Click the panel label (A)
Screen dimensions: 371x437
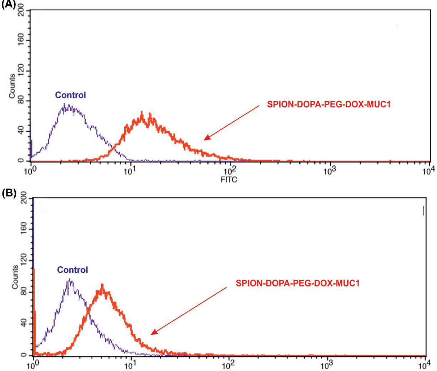(x=8, y=5)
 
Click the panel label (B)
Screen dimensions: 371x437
(x=9, y=193)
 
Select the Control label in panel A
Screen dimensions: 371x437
(x=70, y=95)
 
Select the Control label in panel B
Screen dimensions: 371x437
(x=72, y=270)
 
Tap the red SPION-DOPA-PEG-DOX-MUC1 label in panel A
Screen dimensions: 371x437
(x=329, y=105)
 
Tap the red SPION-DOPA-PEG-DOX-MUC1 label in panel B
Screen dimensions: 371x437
(x=298, y=283)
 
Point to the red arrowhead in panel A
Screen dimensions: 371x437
(x=206, y=138)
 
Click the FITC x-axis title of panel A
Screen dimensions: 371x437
(x=228, y=180)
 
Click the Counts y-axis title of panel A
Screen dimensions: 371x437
(x=12, y=86)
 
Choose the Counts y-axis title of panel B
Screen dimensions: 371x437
(x=15, y=277)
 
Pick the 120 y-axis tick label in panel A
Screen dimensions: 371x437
(x=21, y=70)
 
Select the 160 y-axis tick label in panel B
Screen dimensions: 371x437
(x=24, y=229)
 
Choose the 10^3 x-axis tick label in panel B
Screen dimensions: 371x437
(x=326, y=365)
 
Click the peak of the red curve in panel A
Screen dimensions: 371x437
(x=142, y=112)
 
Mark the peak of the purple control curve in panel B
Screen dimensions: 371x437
(x=70, y=279)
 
